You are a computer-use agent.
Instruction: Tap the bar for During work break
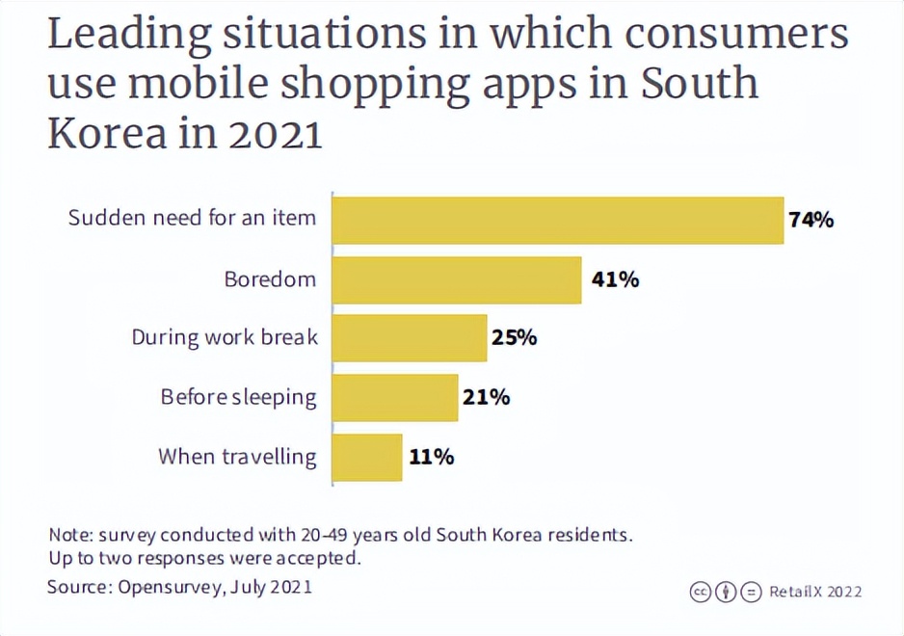point(409,338)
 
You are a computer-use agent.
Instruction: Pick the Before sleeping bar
point(394,397)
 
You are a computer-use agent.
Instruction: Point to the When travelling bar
point(366,457)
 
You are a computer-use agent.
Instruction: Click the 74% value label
point(811,220)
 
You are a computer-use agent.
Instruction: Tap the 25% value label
point(514,338)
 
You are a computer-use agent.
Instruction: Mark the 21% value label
point(486,397)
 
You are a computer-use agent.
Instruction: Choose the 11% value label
point(431,457)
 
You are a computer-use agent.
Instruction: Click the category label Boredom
point(270,279)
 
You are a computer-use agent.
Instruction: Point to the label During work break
point(225,338)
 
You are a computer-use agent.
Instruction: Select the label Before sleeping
point(238,397)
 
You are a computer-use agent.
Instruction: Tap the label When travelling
point(237,457)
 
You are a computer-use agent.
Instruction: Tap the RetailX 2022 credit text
point(815,592)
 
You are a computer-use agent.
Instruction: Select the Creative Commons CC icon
point(701,592)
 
